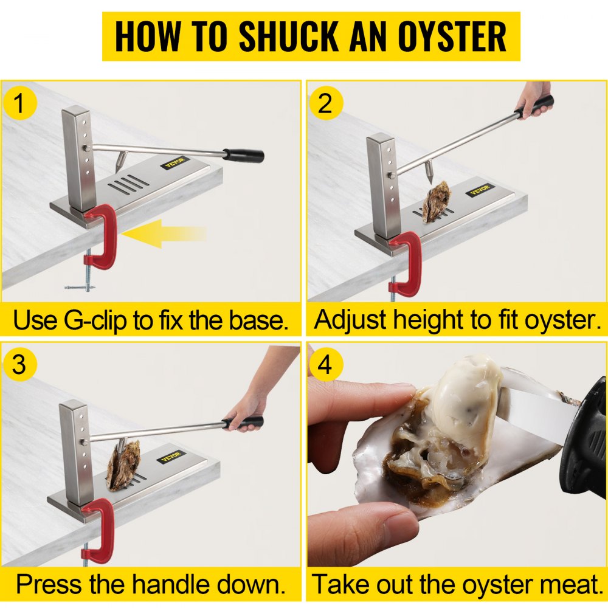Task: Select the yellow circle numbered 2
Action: (x=326, y=104)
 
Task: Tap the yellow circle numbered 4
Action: (x=326, y=365)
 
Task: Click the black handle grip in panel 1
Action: (x=243, y=155)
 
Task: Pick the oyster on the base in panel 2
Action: (x=436, y=202)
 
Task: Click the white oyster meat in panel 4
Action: (x=462, y=401)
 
